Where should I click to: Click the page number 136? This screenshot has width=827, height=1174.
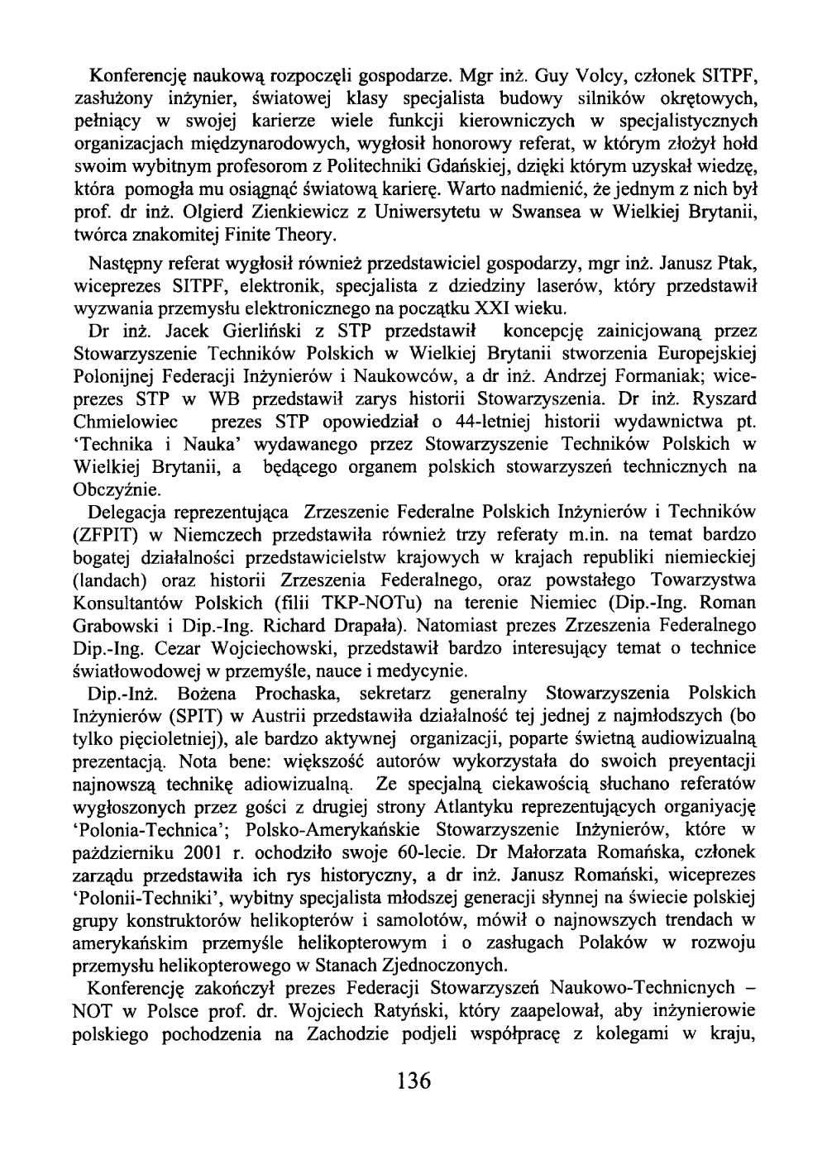tap(413, 1080)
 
